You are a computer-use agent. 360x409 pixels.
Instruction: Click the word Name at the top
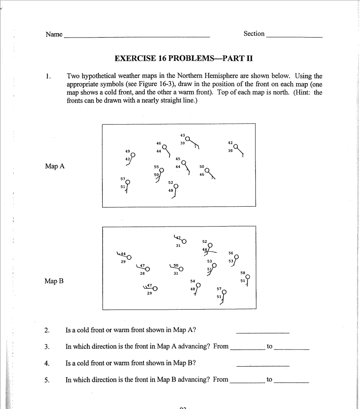pos(54,34)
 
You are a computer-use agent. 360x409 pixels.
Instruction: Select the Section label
pos(254,34)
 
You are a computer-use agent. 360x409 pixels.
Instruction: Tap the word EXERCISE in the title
pos(133,58)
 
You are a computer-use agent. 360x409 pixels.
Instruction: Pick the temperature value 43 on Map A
pos(182,135)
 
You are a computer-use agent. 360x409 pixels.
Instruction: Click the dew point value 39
pos(182,143)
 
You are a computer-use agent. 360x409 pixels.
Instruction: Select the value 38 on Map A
pos(230,151)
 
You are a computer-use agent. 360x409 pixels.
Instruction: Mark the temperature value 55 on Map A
pos(156,167)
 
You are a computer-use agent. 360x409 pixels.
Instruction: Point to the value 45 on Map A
pos(178,159)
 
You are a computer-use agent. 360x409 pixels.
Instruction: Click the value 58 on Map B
pos(242,273)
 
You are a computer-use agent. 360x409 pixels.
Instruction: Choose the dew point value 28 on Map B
pos(142,274)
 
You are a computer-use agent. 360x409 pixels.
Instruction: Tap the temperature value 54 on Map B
pos(193,281)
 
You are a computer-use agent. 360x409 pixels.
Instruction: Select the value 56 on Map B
pos(230,253)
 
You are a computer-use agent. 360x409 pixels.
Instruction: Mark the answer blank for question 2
pos(262,331)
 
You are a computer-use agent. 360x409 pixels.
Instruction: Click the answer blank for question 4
pos(262,365)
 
